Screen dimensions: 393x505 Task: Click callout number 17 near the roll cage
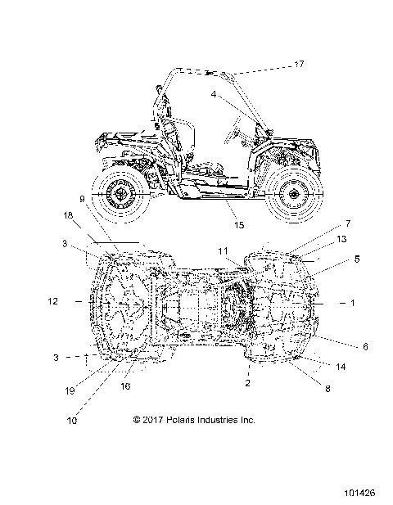pyautogui.click(x=300, y=64)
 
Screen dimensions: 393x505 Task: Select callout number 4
pyautogui.click(x=214, y=94)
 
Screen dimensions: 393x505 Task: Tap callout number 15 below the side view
pyautogui.click(x=239, y=225)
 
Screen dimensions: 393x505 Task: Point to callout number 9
pyautogui.click(x=82, y=199)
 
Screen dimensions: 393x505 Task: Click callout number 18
pyautogui.click(x=68, y=215)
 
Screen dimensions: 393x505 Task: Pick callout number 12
pyautogui.click(x=53, y=301)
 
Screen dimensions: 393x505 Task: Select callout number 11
pyautogui.click(x=223, y=251)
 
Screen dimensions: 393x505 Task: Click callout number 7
pyautogui.click(x=348, y=223)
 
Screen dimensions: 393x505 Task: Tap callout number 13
pyautogui.click(x=341, y=239)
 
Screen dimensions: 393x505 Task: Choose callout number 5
pyautogui.click(x=357, y=259)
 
